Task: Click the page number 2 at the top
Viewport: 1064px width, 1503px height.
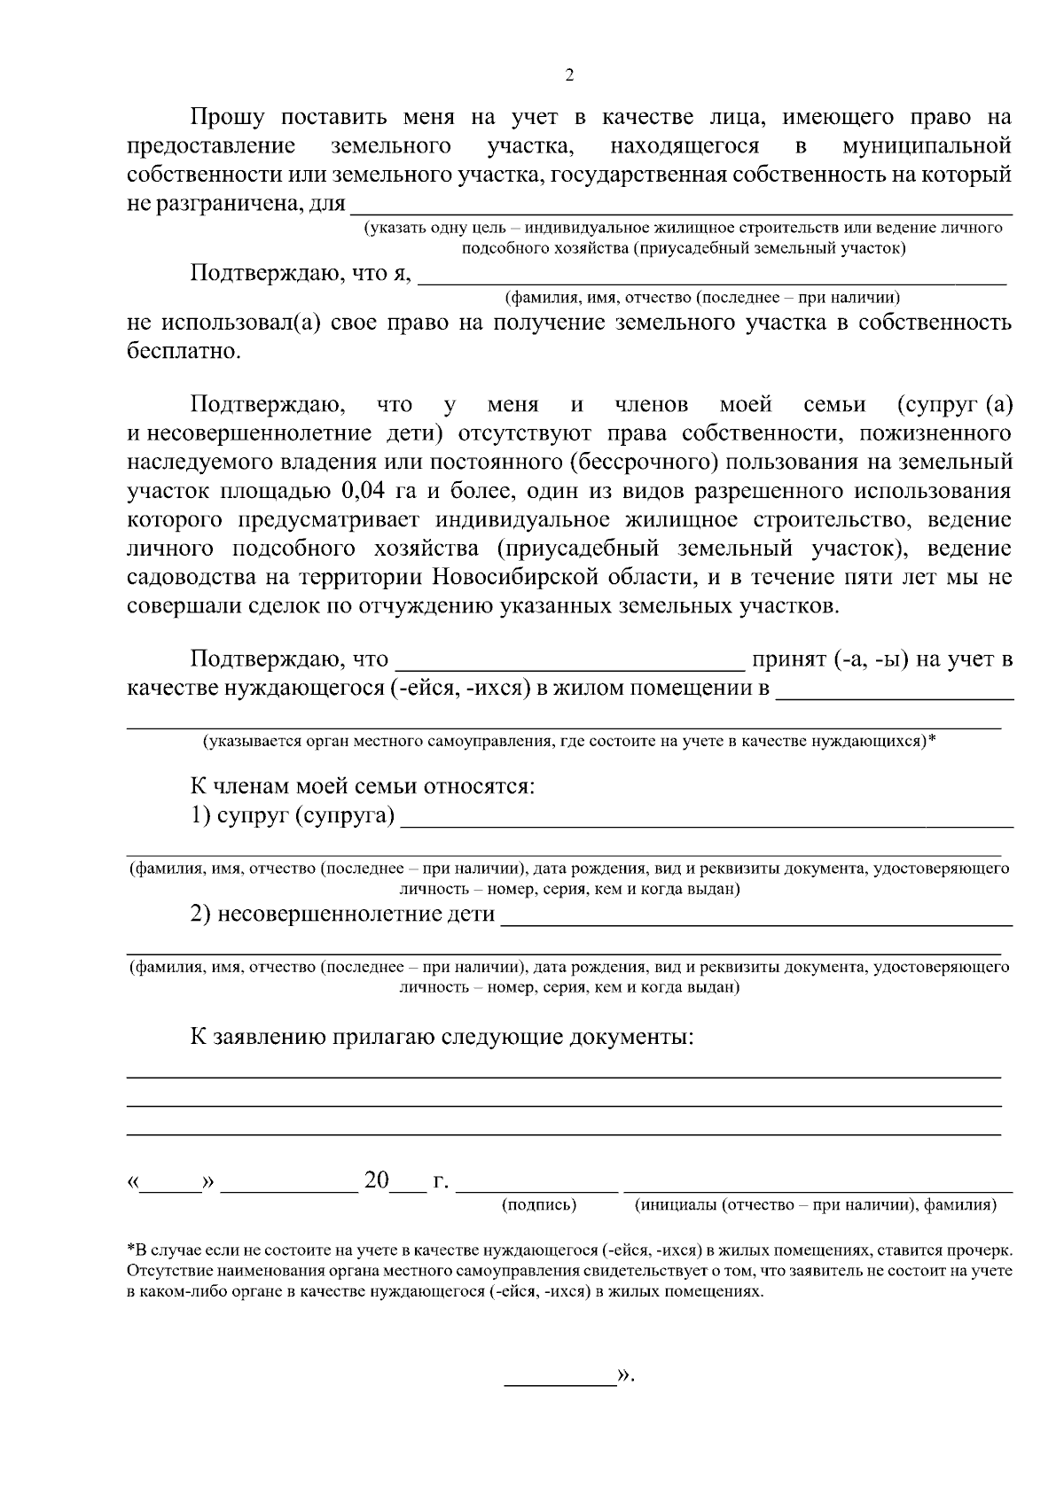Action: point(569,75)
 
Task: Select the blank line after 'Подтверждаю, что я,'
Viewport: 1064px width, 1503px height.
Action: point(711,278)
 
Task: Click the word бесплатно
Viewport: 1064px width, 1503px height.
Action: point(183,352)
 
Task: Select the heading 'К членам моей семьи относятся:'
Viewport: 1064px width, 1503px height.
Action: point(363,786)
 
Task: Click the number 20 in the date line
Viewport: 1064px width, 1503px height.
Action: point(377,1180)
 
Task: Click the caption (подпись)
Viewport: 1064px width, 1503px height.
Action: point(539,1205)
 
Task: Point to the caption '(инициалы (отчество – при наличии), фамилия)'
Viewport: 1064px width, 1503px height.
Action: point(816,1205)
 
